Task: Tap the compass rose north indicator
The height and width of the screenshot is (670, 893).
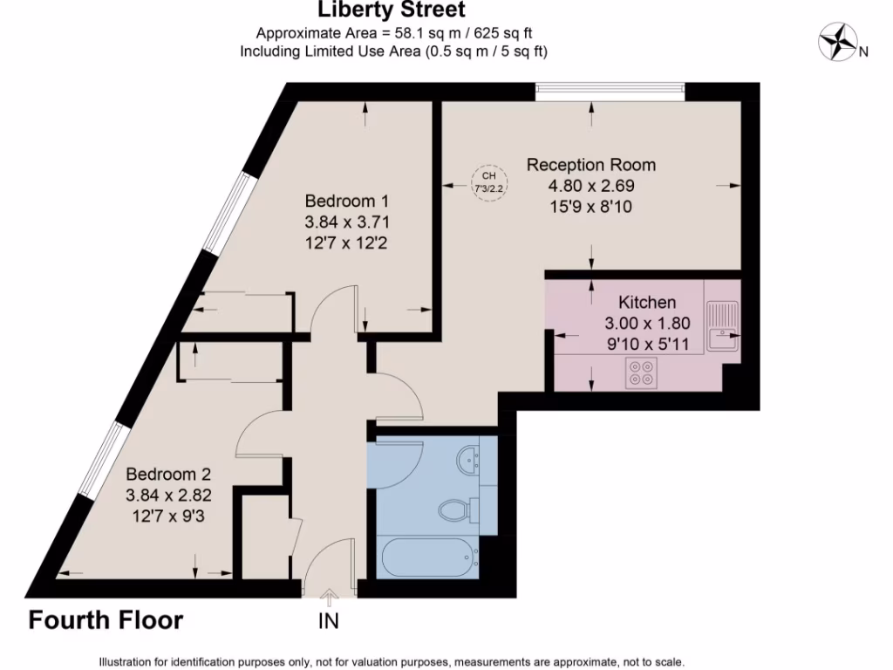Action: pos(838,42)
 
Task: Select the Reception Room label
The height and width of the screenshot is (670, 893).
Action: pos(590,164)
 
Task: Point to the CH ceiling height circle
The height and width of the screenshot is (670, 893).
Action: pos(488,182)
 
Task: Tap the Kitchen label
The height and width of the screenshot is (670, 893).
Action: pos(646,303)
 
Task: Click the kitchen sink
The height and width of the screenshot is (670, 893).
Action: pos(721,326)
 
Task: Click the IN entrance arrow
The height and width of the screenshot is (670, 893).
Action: pos(329,598)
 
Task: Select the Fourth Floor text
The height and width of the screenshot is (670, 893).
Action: pos(106,620)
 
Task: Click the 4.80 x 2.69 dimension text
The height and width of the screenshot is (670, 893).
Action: pos(590,186)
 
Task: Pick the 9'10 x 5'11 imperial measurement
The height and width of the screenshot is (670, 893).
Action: pos(646,345)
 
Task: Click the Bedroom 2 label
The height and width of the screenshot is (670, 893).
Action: pos(168,475)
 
